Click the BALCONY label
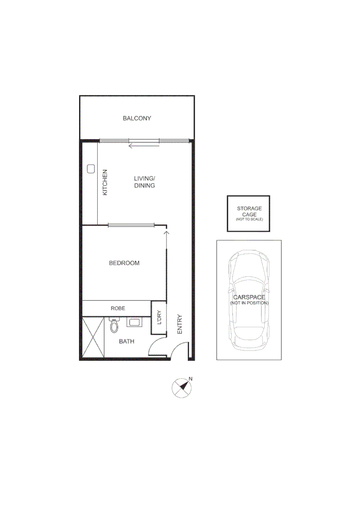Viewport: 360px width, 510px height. coord(137,118)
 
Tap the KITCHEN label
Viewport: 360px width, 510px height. coord(105,182)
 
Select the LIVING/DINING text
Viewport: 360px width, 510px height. coord(144,182)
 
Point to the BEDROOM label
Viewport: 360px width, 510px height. coord(124,263)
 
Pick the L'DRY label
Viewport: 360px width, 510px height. coord(159,318)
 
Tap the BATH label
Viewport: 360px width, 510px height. coord(126,341)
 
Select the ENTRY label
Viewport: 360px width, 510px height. coord(179,324)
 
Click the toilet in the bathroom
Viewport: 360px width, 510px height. coord(114,325)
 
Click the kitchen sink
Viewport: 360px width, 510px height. coord(91,169)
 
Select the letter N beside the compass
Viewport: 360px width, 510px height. coord(191,378)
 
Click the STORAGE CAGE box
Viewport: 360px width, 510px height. coord(249,213)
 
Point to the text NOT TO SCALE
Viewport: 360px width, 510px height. coord(249,220)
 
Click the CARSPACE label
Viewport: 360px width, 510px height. coord(249,297)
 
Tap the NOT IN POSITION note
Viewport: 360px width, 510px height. coord(249,303)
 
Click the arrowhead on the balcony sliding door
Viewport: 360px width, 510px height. coord(130,146)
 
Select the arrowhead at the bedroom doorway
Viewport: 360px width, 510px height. coord(166,232)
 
